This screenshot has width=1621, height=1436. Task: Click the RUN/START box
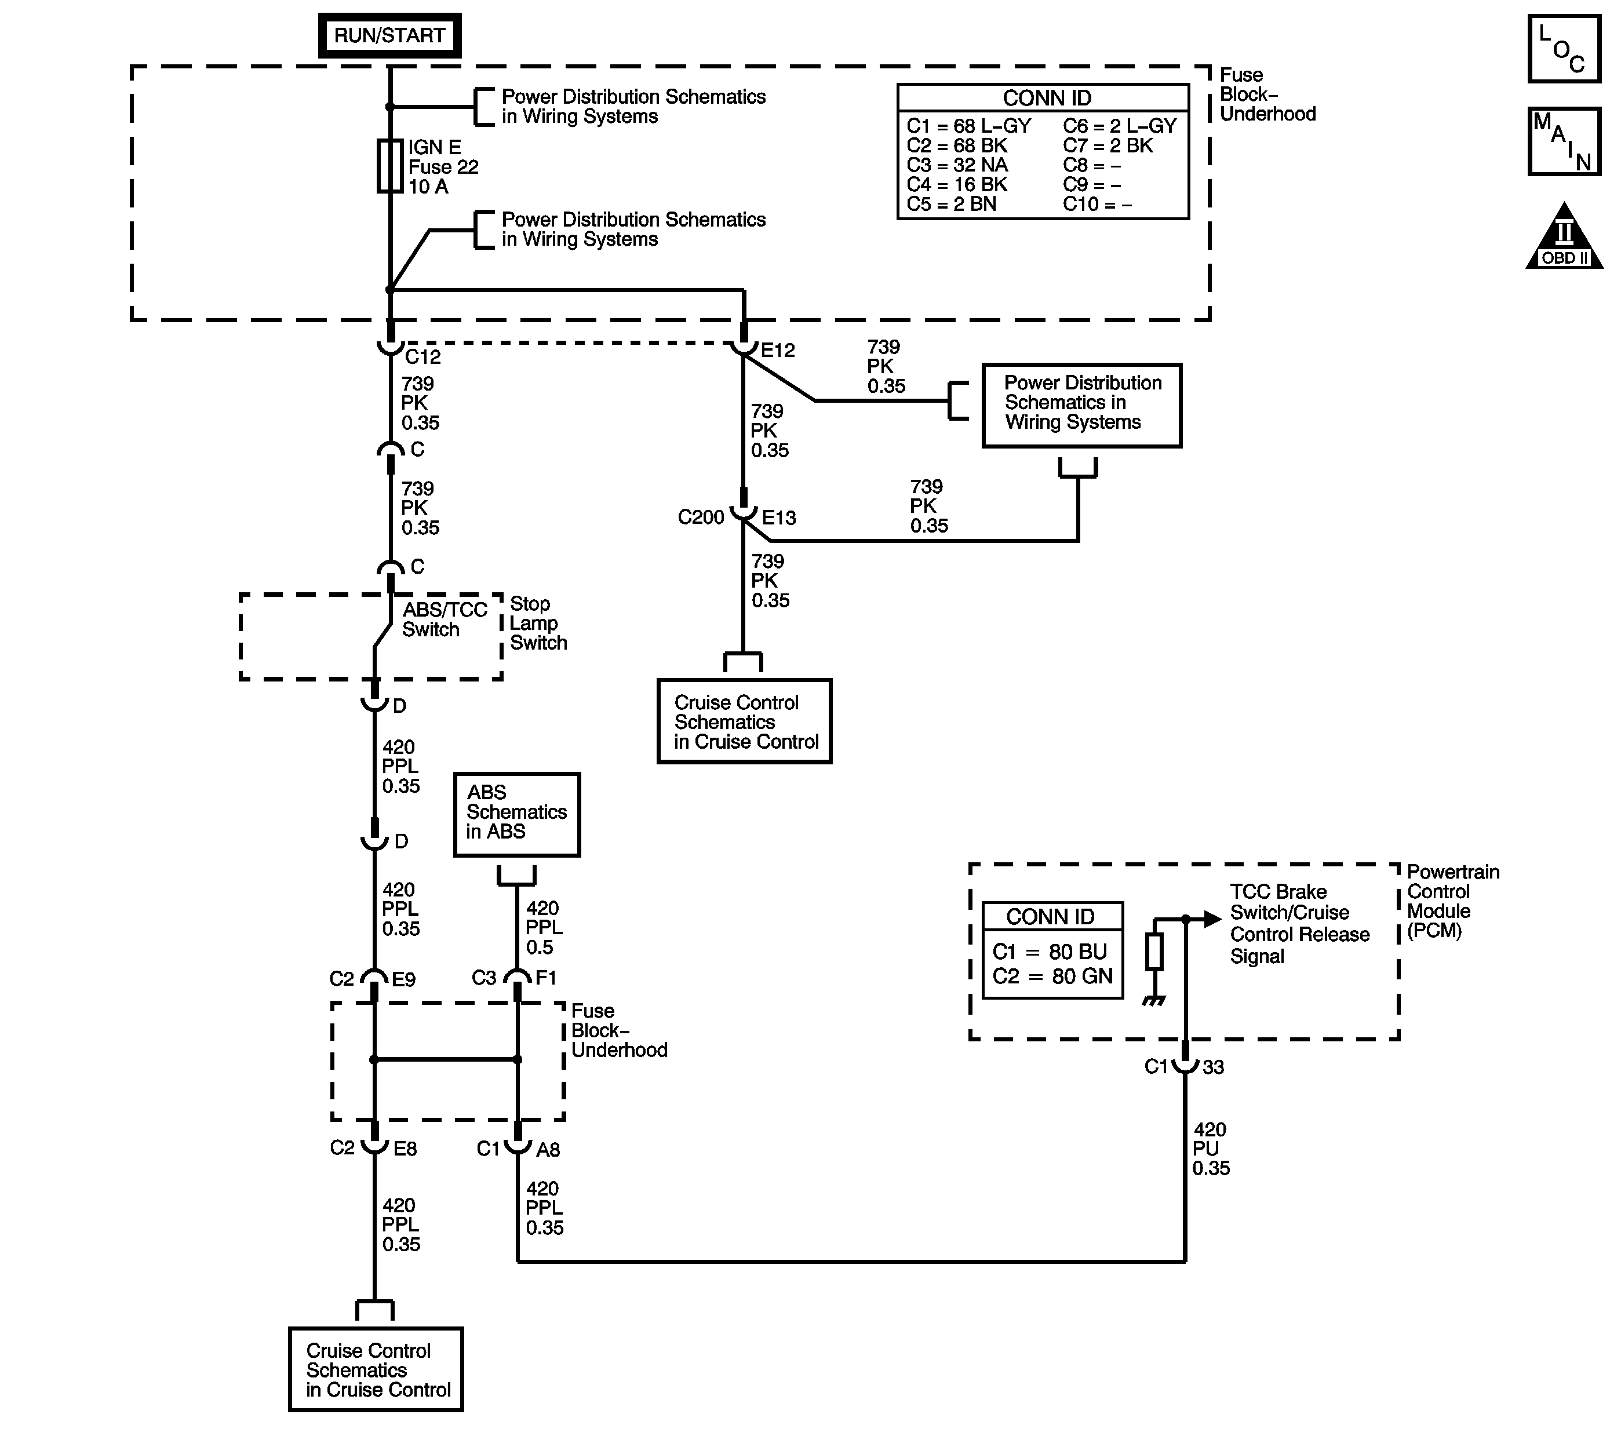coord(389,36)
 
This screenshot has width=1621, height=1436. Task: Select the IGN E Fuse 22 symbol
coord(389,166)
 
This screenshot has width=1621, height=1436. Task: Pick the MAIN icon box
coord(1564,142)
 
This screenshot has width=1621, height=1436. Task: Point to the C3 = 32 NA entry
coord(957,165)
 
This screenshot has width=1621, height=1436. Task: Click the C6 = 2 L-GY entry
coord(1119,126)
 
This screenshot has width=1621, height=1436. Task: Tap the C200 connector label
coord(701,518)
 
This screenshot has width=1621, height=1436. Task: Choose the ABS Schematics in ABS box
coord(516,814)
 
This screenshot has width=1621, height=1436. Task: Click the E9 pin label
coord(404,979)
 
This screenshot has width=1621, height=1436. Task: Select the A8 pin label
coord(548,1150)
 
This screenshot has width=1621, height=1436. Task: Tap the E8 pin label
coord(405,1149)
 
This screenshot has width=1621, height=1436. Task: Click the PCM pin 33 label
coord(1214,1067)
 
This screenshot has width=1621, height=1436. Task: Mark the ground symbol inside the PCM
coord(1154,1001)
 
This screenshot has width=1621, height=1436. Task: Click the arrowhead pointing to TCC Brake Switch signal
coord(1212,919)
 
